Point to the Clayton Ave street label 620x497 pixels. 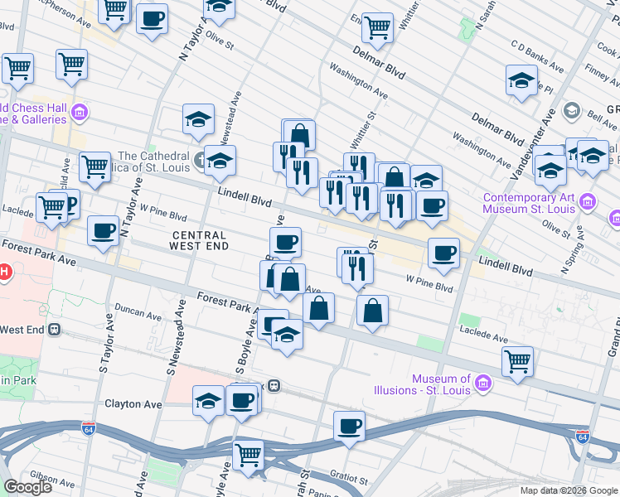click(133, 404)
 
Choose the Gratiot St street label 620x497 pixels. click(343, 478)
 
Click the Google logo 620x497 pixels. click(27, 487)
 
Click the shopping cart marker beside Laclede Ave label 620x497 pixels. click(517, 359)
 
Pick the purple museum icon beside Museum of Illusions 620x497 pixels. click(484, 383)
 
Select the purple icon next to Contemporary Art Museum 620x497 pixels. click(587, 201)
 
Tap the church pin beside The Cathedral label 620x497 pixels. click(200, 158)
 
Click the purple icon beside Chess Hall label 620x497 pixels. click(80, 112)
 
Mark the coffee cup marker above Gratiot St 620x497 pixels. click(349, 427)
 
